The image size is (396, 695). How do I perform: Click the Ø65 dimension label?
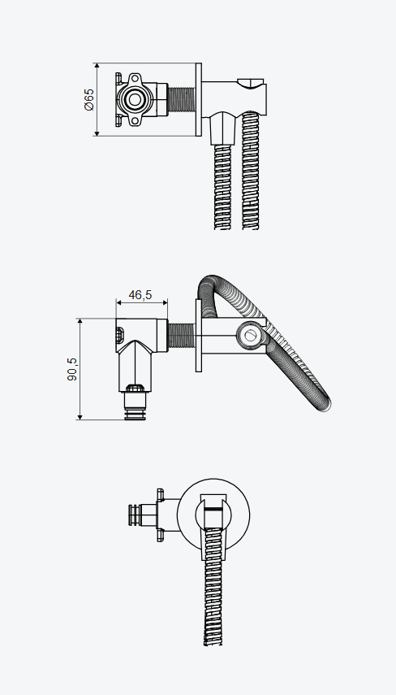(89, 100)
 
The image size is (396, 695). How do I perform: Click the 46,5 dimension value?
(140, 295)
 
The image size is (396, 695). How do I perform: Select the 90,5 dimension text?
(72, 369)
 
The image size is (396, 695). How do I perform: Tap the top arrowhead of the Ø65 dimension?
(97, 67)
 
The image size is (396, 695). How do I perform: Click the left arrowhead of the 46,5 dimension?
(119, 302)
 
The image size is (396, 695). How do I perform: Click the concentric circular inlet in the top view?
(134, 99)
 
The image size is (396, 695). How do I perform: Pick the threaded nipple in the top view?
(182, 100)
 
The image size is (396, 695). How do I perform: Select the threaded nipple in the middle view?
(182, 336)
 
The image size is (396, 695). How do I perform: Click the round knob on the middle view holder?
(250, 336)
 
